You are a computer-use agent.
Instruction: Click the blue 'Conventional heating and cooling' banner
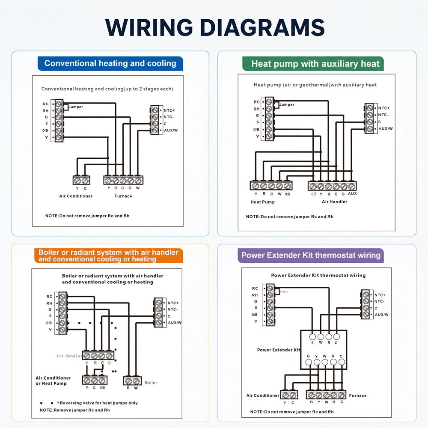click(110, 63)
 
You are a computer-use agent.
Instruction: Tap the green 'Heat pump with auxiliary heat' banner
click(313, 64)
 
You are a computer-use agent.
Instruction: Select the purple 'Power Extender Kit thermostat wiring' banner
click(311, 255)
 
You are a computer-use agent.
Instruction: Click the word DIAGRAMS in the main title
click(262, 27)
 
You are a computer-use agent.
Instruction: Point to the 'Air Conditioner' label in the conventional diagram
click(76, 196)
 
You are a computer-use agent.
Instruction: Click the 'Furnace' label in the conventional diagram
click(123, 196)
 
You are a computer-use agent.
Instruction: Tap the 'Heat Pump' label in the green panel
click(263, 202)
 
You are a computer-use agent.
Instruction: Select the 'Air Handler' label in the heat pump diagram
click(334, 202)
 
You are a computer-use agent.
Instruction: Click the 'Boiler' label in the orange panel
click(151, 383)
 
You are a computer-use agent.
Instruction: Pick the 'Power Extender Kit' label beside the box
click(279, 350)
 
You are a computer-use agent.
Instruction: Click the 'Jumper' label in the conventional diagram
click(76, 107)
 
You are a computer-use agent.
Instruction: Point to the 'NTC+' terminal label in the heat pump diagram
click(384, 108)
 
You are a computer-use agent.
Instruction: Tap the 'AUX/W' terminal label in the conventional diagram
click(171, 130)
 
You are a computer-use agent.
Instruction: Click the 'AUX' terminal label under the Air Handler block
click(352, 193)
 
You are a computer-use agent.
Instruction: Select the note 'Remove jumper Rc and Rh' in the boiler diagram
click(75, 410)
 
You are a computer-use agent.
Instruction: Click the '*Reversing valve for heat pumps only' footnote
click(98, 403)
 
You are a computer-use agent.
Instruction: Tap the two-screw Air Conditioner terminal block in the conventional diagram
click(81, 180)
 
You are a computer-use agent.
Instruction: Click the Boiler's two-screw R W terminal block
click(132, 381)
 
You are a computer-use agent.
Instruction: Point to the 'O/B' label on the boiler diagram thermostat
click(49, 323)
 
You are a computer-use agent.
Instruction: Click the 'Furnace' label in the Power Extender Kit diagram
click(357, 395)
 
